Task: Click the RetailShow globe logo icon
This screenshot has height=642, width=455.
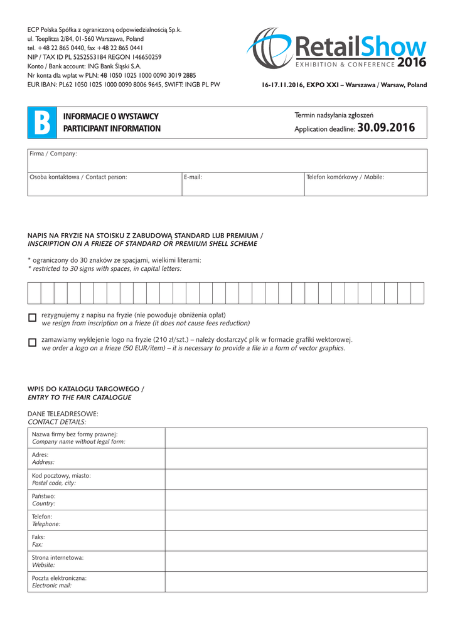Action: pos(269,48)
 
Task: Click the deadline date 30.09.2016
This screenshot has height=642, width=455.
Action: pos(385,128)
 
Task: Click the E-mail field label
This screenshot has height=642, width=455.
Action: pos(193,177)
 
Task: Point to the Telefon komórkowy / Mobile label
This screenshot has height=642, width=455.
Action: pos(345,177)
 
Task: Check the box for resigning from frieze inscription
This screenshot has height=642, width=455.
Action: pos(33,318)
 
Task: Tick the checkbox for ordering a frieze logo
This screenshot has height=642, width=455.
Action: pos(33,343)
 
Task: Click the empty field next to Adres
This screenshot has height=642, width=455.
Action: pos(296,459)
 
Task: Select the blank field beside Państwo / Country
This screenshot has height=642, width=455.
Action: pos(296,500)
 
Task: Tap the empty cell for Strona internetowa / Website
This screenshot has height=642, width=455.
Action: pos(296,561)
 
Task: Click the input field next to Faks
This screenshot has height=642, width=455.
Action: pos(296,540)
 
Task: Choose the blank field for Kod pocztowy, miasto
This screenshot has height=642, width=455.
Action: pos(296,479)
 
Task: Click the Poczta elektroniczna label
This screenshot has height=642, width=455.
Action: pos(59,578)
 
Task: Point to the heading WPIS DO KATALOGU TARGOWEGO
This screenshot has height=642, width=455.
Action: pos(86,389)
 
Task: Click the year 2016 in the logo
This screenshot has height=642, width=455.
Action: pos(412,63)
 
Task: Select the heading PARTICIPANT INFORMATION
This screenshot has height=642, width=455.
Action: pos(112,129)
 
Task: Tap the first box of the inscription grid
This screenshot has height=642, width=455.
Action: pos(35,293)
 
